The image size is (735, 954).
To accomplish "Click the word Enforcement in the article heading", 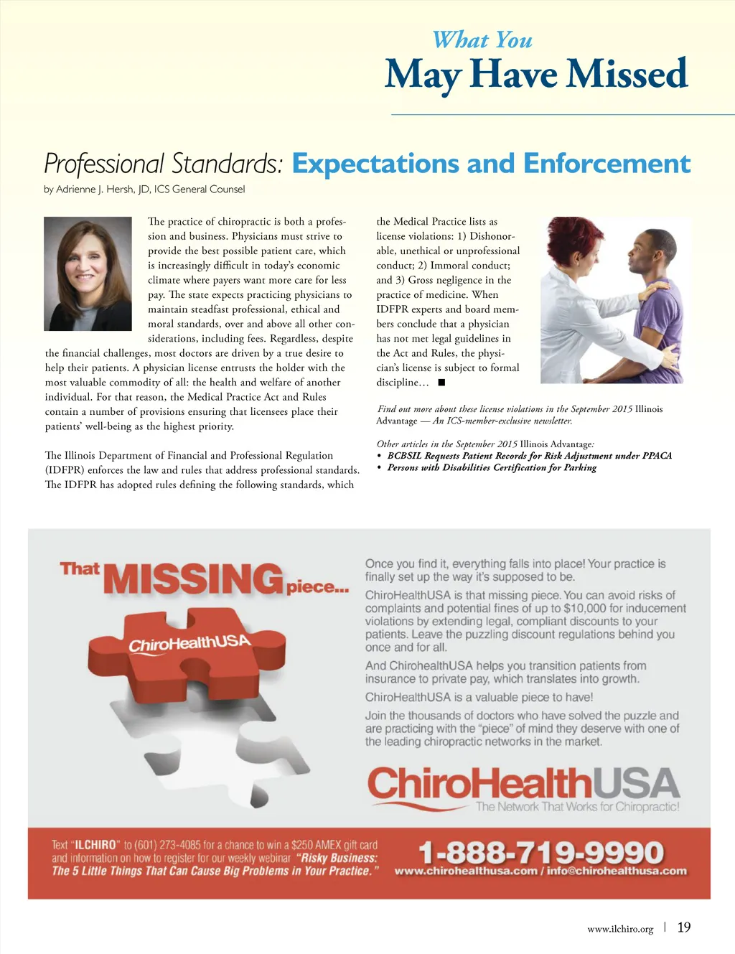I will (607, 164).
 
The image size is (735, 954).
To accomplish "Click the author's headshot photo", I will (88, 273).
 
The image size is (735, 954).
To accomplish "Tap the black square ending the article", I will (441, 383).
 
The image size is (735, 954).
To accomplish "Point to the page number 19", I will (684, 927).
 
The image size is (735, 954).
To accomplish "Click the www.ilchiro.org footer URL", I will (620, 929).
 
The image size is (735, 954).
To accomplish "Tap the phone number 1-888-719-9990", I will (541, 852).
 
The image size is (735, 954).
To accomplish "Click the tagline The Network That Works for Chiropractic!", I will (577, 807).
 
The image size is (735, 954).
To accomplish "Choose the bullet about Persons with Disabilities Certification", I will (492, 468).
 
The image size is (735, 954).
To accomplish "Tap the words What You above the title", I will (482, 40).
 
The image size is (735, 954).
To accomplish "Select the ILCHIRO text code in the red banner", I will (95, 845).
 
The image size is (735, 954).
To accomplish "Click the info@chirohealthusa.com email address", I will (617, 871).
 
